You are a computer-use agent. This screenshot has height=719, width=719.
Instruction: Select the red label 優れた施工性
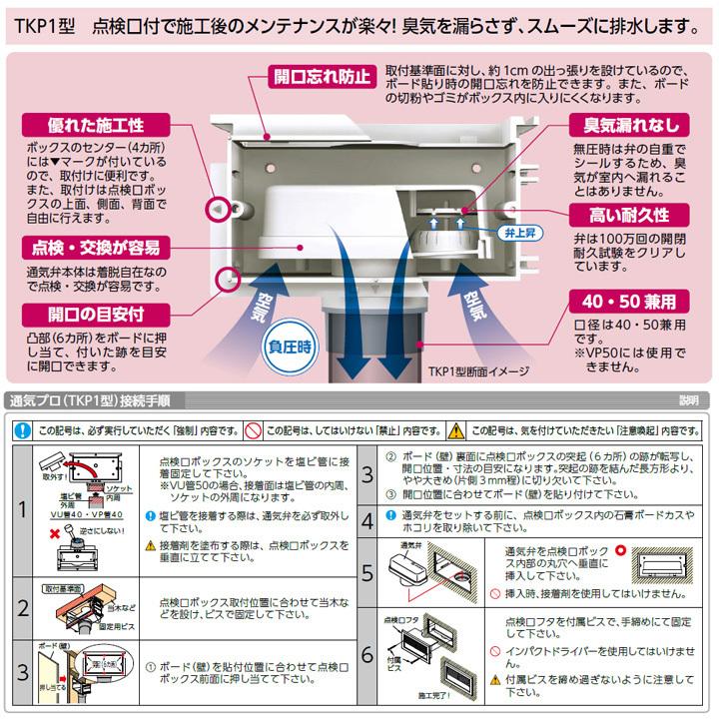pyautogui.click(x=96, y=126)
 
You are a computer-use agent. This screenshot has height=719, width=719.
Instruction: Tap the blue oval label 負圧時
pyautogui.click(x=291, y=347)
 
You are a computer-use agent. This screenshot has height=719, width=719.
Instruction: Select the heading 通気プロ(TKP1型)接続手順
pyautogui.click(x=90, y=399)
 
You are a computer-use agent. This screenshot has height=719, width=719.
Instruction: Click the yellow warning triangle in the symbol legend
pyautogui.click(x=457, y=430)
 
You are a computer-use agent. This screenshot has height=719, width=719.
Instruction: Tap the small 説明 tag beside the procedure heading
pyautogui.click(x=688, y=400)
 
